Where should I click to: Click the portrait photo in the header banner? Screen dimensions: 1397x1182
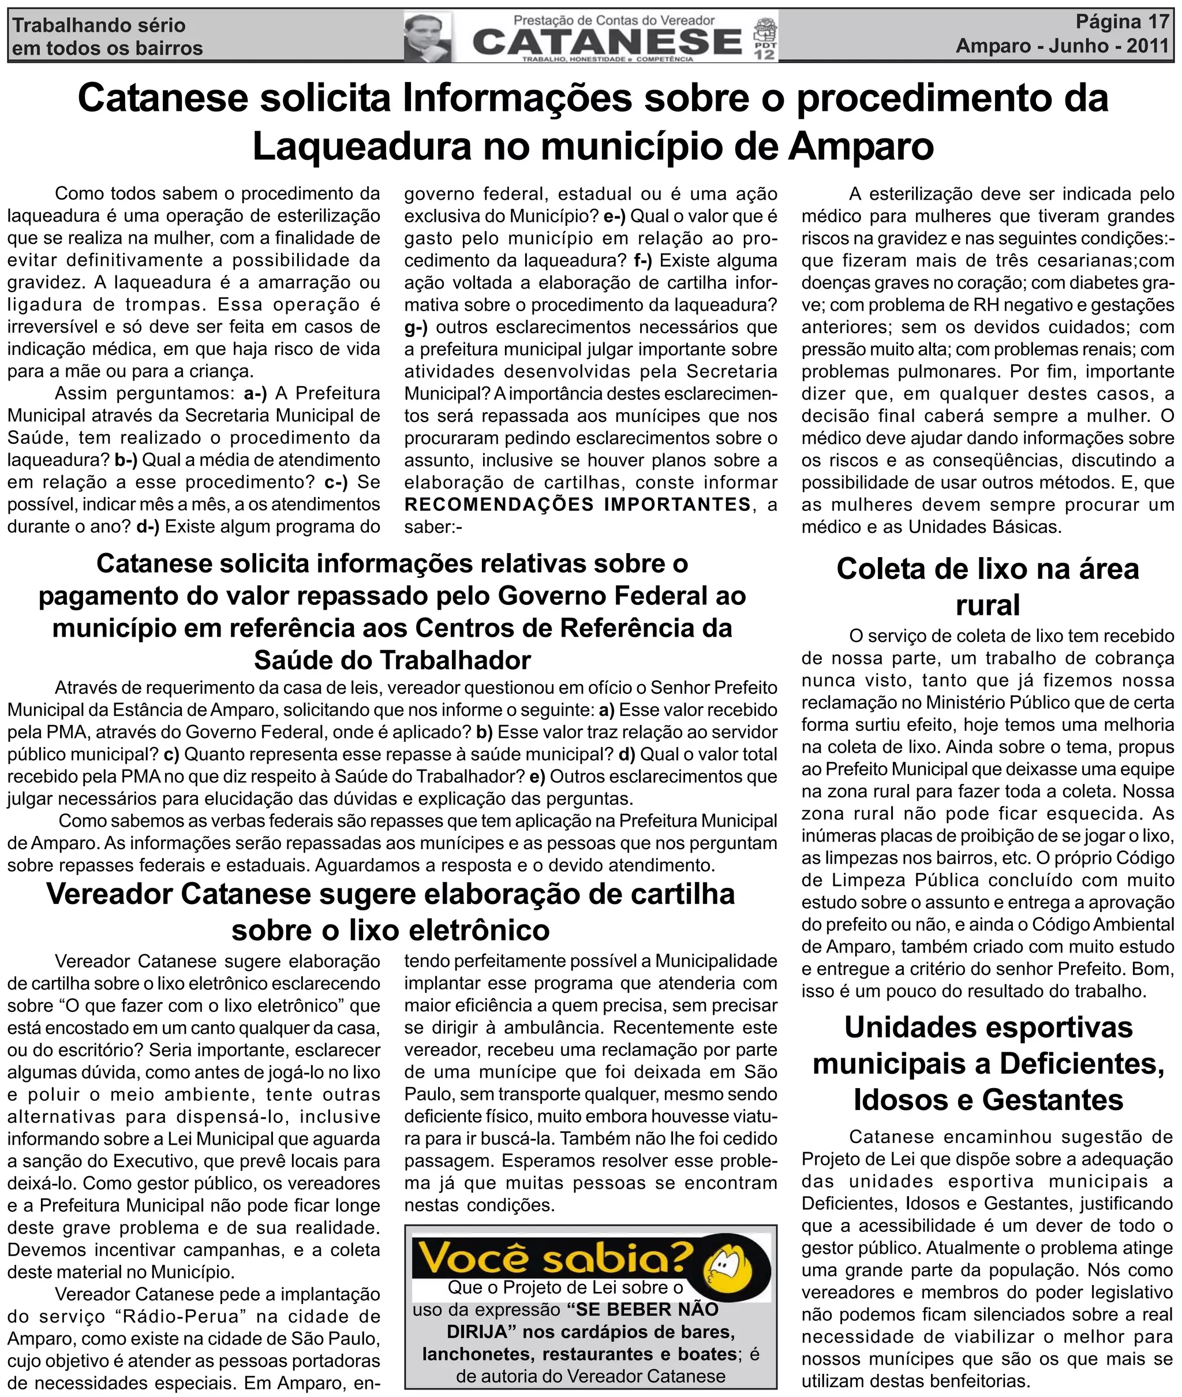pos(427,37)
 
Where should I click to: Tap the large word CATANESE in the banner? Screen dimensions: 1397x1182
pos(607,42)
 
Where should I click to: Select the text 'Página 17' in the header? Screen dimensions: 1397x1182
pos(1122,22)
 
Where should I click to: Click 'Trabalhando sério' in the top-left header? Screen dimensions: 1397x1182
pos(99,25)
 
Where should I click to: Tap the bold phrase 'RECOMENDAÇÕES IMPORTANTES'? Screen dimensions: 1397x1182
pos(578,505)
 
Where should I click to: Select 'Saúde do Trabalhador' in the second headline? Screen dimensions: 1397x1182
pos(392,660)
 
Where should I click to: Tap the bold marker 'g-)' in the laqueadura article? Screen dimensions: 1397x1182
pos(416,327)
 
